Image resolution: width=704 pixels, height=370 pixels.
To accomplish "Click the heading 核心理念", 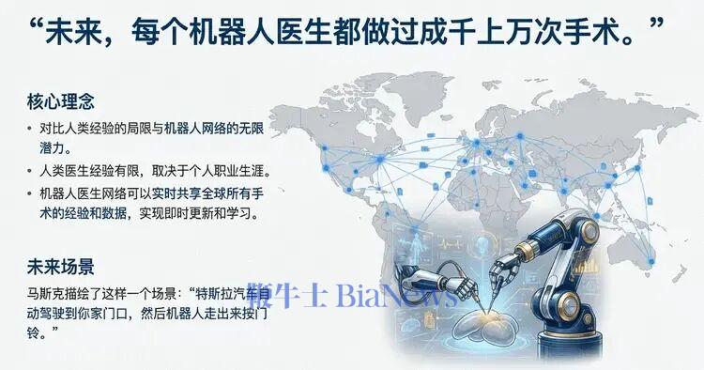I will (61, 100).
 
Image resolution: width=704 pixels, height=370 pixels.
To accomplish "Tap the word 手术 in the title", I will (596, 34).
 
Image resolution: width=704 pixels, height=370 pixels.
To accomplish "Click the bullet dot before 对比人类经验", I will (30, 128).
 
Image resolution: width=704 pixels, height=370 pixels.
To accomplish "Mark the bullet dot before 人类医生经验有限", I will (30, 172).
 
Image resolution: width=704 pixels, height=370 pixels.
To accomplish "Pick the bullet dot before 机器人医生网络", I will (30, 193).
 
